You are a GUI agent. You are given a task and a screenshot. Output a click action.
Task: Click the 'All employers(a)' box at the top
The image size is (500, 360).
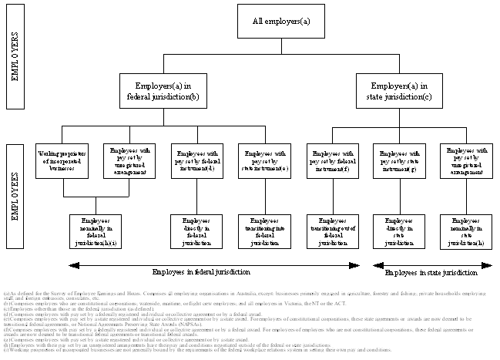(x=281, y=21)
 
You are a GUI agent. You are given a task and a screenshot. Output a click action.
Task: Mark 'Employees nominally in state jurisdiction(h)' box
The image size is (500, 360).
(x=465, y=231)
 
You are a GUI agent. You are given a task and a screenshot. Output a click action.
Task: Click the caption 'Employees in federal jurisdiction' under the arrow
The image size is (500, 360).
(x=200, y=273)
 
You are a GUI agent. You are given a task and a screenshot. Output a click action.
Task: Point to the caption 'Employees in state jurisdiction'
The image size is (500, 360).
(x=431, y=273)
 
